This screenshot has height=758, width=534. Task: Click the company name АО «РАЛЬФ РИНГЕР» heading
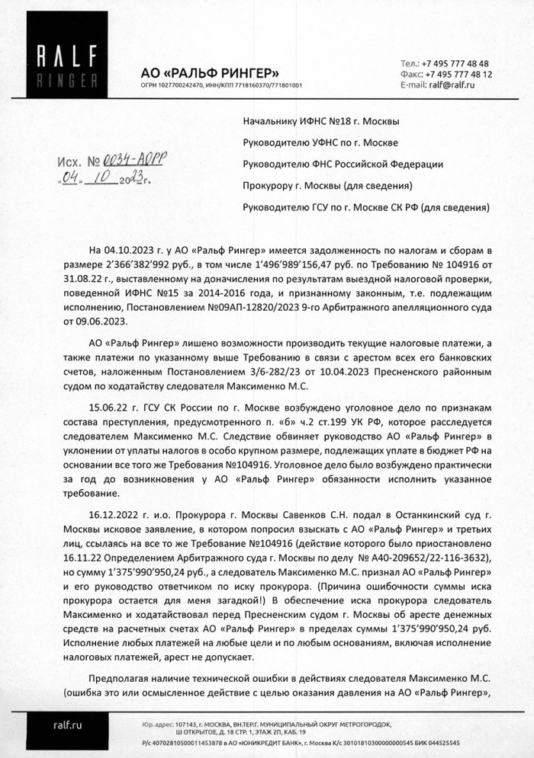[x=210, y=72]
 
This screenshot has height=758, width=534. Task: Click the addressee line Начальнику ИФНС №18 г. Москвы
[x=320, y=120]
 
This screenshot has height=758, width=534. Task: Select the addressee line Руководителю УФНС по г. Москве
[x=320, y=142]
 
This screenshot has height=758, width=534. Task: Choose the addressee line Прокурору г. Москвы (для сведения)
[x=327, y=185]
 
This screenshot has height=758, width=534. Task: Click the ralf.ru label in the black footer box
[x=66, y=726]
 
